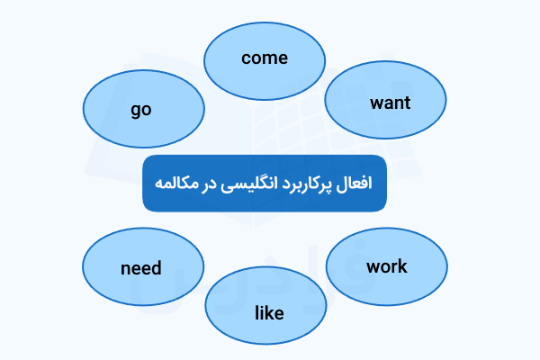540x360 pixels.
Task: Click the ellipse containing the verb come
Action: click(x=265, y=58)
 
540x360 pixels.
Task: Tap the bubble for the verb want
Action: click(x=385, y=102)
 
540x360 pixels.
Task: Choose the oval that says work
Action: click(x=387, y=265)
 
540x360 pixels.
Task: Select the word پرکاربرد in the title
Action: click(x=312, y=183)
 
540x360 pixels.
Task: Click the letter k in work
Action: click(x=402, y=266)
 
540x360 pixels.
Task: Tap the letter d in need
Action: click(x=157, y=268)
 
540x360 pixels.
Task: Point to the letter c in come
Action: click(x=246, y=58)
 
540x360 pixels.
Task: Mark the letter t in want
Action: click(x=407, y=103)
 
